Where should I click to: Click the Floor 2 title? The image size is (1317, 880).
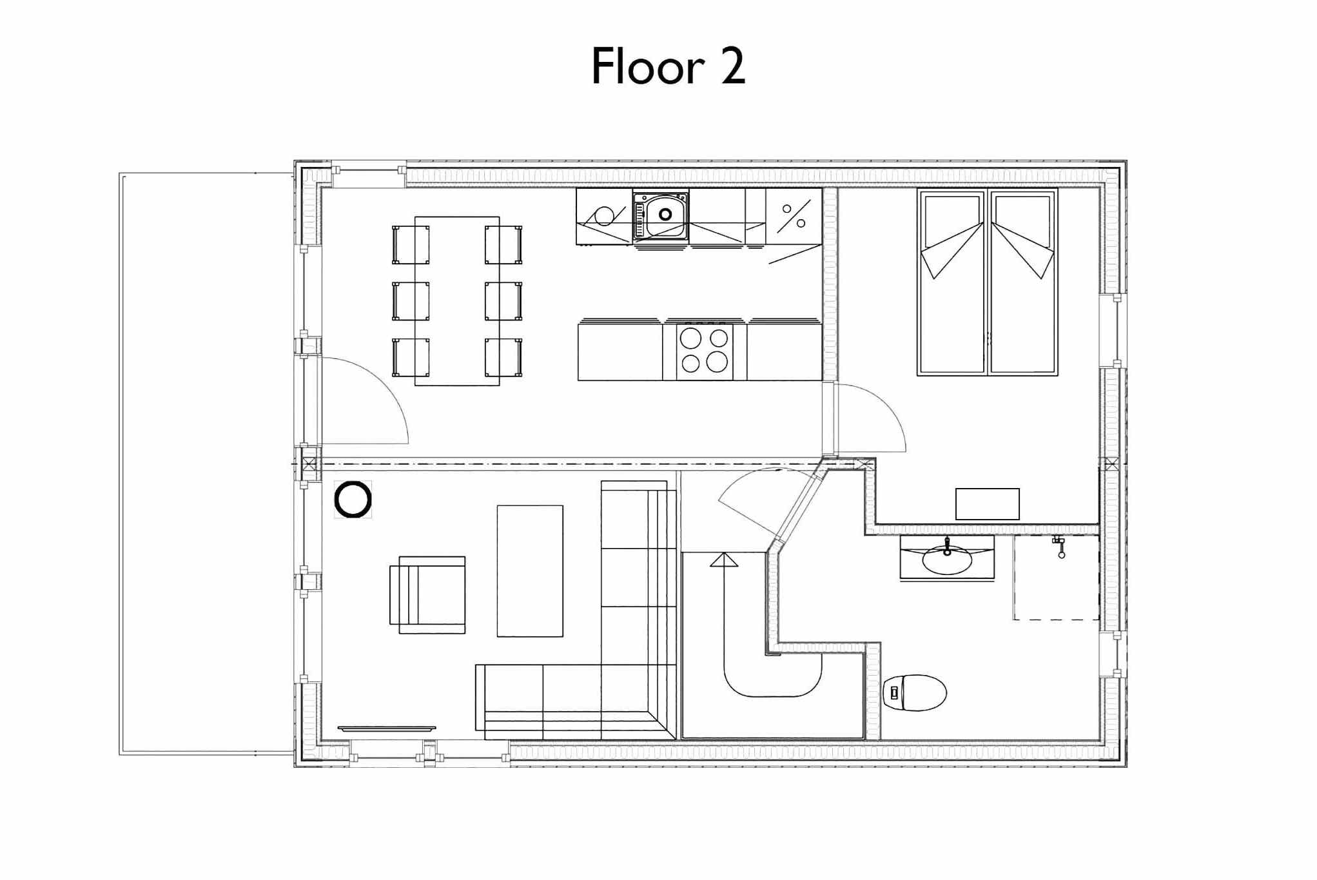click(x=668, y=66)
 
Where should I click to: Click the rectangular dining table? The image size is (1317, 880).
click(x=457, y=301)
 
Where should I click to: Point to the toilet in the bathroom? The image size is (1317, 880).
click(x=914, y=692)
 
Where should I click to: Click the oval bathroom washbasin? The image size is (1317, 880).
click(x=947, y=560)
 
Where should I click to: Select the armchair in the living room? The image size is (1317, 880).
click(x=427, y=594)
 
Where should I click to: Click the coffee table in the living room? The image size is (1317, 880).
click(x=530, y=571)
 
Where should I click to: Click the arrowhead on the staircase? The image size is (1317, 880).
click(x=724, y=560)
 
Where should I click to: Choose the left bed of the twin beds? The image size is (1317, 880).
click(x=952, y=282)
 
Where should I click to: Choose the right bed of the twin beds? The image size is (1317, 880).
click(x=1023, y=282)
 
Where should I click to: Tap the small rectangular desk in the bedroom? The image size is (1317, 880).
click(x=987, y=504)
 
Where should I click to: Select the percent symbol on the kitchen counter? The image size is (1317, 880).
click(x=794, y=217)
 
